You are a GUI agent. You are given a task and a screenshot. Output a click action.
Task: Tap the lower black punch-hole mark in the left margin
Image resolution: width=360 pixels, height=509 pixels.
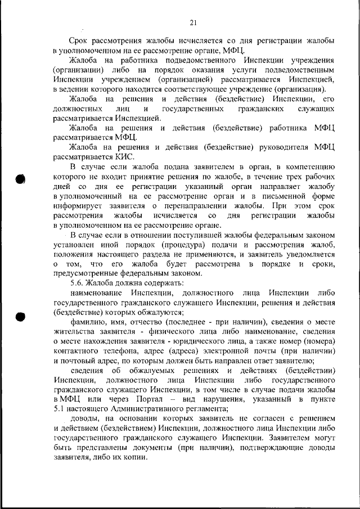[x=20, y=316]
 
